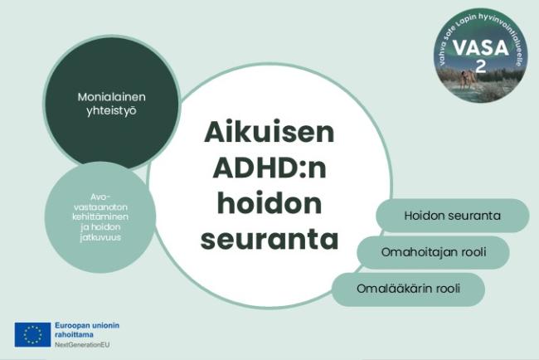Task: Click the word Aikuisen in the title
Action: (269, 134)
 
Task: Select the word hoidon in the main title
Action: (269, 203)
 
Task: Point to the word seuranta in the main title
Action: (269, 239)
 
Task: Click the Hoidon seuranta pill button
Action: (452, 216)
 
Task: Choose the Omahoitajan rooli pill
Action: (433, 251)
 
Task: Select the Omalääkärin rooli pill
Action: (408, 289)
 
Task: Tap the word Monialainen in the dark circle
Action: (112, 97)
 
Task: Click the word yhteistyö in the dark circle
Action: (112, 111)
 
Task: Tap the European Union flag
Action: (32, 333)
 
